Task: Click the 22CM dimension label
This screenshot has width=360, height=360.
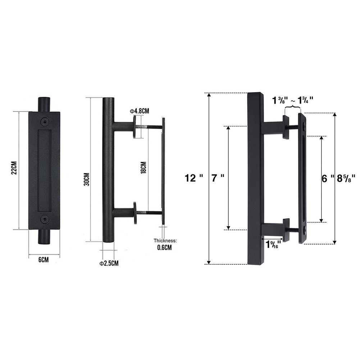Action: [13, 170]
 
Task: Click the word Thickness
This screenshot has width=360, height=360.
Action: [165, 241]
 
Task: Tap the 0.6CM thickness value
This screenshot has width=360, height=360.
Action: [164, 247]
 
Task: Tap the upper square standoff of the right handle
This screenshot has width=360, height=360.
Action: [287, 127]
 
